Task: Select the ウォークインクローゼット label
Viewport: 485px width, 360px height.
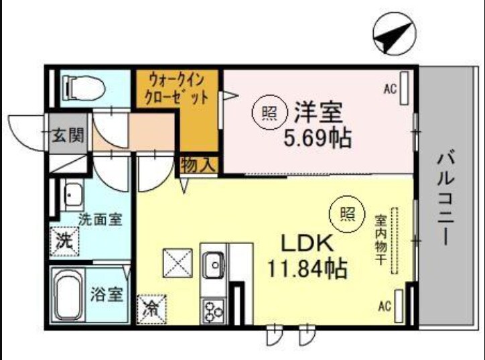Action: coord(177,89)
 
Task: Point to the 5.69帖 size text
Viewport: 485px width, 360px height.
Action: coord(318,139)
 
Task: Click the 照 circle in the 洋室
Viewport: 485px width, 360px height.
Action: coord(267,113)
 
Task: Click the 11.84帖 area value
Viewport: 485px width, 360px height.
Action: coord(307,269)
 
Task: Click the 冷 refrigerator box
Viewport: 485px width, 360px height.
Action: coord(152,310)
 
